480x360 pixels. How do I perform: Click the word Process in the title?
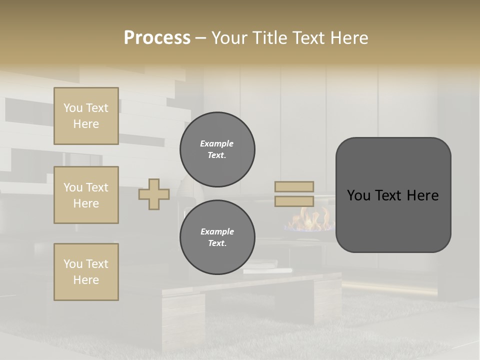[x=157, y=37]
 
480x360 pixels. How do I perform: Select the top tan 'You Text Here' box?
[x=86, y=116]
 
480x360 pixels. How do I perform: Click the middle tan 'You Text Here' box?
[x=86, y=195]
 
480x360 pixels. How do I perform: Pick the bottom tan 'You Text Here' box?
[x=86, y=272]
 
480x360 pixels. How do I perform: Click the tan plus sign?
[x=154, y=194]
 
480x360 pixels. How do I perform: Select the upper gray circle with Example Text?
[x=217, y=149]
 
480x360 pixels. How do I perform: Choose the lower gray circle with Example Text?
[x=217, y=237]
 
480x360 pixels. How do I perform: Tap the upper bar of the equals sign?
[x=294, y=186]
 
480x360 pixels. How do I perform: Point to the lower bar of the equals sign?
[x=294, y=201]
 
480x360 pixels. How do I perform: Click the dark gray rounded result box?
[x=393, y=194]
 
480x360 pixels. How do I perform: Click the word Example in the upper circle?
[x=217, y=143]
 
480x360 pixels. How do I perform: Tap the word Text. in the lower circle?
[x=217, y=243]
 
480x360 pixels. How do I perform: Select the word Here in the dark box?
[x=422, y=195]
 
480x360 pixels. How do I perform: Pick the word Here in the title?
[x=349, y=38]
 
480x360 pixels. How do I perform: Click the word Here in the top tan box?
[x=86, y=124]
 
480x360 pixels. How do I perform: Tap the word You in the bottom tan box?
[x=73, y=264]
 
